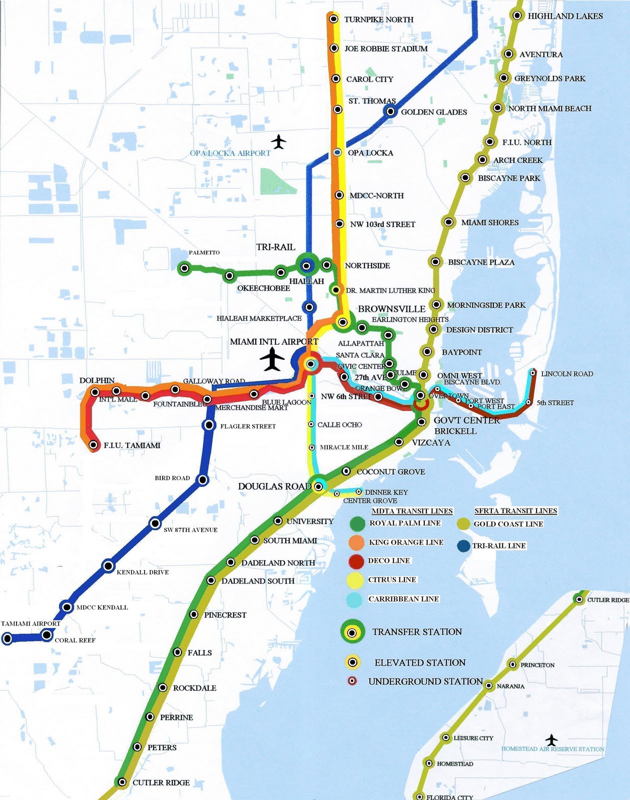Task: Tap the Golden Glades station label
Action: (x=433, y=112)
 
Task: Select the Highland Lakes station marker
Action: (x=517, y=15)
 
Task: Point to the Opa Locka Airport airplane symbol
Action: (x=279, y=141)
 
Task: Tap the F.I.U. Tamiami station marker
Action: (x=93, y=444)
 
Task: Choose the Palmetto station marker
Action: (x=184, y=268)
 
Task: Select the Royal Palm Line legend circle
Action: (x=358, y=523)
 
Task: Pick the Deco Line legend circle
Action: (x=356, y=561)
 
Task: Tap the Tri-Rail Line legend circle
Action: (x=463, y=546)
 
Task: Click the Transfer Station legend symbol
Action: (x=352, y=632)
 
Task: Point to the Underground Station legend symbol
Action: (x=352, y=681)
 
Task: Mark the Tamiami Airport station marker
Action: (x=7, y=638)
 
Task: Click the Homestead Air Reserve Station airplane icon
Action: (x=551, y=739)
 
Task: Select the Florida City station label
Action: (x=449, y=797)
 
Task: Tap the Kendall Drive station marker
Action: (x=108, y=566)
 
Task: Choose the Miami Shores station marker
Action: (x=449, y=222)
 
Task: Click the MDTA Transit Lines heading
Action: (x=412, y=511)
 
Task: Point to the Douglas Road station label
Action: (x=274, y=486)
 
